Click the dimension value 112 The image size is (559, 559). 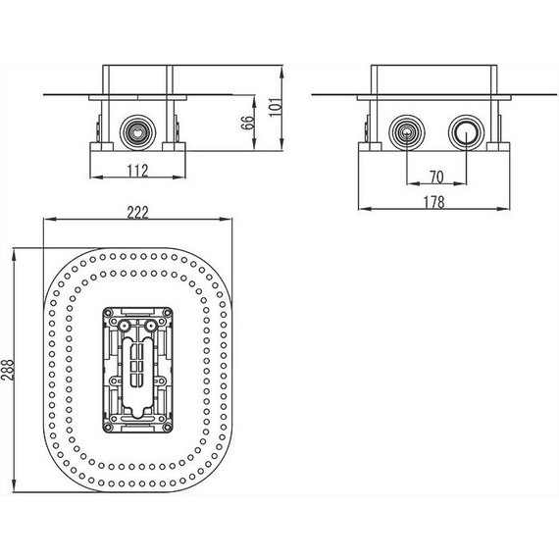point(136,172)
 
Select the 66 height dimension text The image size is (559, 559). point(248,123)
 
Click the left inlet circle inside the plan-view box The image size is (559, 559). point(125,324)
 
